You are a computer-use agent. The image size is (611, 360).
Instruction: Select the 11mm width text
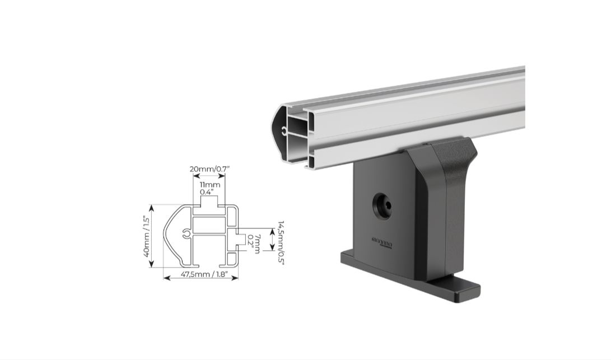[x=210, y=184]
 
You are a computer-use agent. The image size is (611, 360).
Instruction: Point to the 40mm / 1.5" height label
[x=148, y=236]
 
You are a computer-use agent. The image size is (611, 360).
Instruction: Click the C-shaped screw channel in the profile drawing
[x=184, y=235]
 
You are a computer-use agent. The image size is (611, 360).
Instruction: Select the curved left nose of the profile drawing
[x=168, y=235]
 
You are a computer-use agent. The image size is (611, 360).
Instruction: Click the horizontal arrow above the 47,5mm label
[x=200, y=275]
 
